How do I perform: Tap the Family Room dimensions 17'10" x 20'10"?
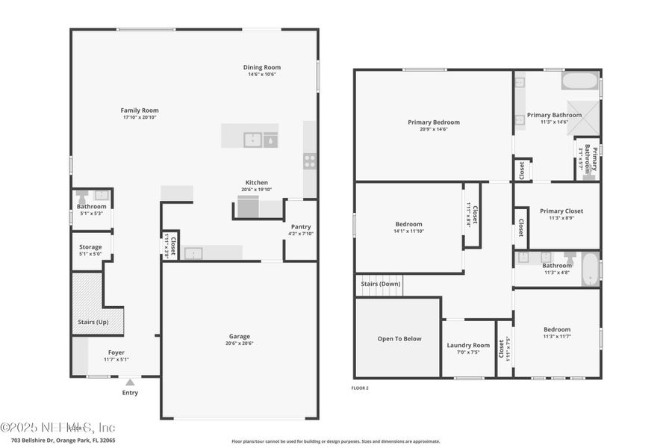140,117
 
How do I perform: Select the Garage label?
240,336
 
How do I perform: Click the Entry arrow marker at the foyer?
130,382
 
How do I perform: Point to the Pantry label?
301,227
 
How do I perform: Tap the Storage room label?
91,247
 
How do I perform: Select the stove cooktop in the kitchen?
309,161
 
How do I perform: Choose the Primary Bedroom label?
433,122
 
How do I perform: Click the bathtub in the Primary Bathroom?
580,81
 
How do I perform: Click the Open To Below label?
399,338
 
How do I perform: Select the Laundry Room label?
468,345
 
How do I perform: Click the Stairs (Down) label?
381,284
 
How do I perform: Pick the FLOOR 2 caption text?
360,388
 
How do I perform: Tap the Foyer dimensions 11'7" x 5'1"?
116,359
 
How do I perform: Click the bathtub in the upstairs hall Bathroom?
589,270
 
